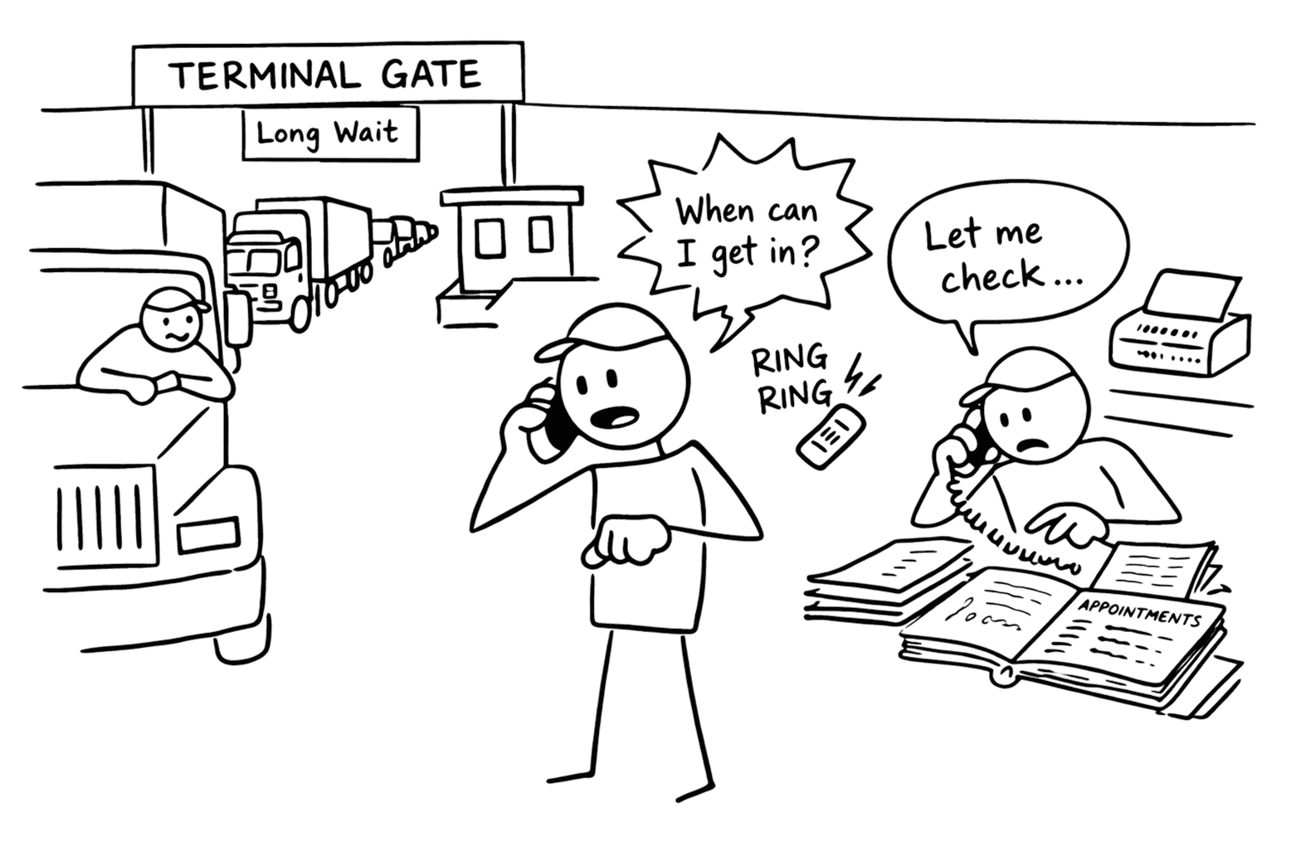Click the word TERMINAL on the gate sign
(263, 76)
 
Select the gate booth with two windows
(511, 241)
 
